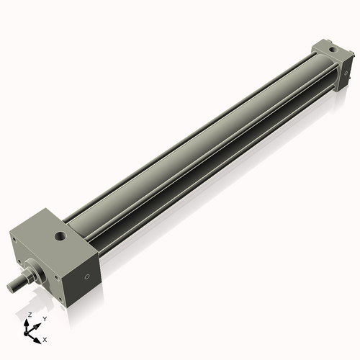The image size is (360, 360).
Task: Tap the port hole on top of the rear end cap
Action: point(333,50)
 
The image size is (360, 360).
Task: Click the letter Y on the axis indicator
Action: point(44,318)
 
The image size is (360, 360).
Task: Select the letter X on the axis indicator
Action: point(45,338)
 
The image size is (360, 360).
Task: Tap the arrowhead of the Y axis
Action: point(37,324)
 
